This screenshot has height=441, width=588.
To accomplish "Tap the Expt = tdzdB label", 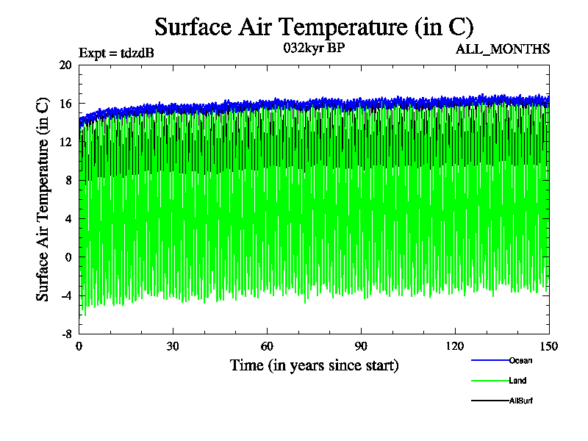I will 116,52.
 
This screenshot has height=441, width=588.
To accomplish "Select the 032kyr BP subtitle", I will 314,49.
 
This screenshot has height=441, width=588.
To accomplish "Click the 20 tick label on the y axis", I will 65,65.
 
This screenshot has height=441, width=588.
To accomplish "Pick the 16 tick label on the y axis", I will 65,104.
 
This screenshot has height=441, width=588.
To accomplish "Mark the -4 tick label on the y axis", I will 65,296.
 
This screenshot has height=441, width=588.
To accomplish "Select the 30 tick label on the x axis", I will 173,347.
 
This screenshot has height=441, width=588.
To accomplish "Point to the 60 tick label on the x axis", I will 267,347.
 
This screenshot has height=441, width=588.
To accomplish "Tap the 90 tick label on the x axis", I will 361,347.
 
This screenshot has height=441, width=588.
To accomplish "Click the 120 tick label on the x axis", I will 455,347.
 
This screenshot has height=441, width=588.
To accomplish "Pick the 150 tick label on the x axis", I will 549,347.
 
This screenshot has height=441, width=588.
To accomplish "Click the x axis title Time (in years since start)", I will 314,365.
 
